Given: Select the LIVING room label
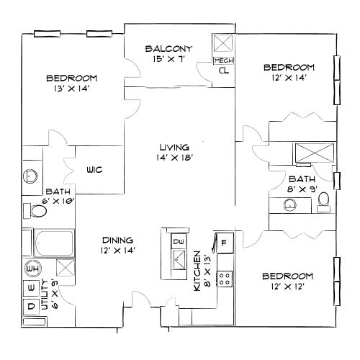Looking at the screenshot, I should [x=173, y=146].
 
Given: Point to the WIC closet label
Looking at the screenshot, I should [x=94, y=170].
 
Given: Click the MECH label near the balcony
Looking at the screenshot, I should [x=222, y=61].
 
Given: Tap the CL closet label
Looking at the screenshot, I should [x=223, y=71].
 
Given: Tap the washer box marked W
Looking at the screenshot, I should [x=31, y=288].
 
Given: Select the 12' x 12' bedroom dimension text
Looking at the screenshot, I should [x=287, y=287].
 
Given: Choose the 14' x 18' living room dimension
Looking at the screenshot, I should [x=173, y=157].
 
